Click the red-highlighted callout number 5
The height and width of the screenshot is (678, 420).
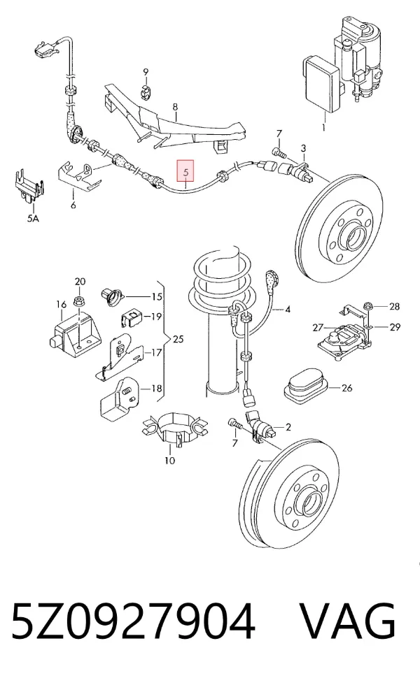185,171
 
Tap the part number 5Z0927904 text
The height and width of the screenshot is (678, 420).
133,621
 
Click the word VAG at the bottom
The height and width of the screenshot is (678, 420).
348,621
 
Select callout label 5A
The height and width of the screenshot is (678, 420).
33,218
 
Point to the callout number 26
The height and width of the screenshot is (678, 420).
346,388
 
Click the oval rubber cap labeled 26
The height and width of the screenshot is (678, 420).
306,386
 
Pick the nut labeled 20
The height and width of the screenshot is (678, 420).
80,300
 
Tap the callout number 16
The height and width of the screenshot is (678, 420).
61,305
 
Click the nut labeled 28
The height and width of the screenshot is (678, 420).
368,305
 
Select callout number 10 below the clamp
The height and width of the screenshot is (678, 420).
169,461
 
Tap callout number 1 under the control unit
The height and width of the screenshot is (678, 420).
323,127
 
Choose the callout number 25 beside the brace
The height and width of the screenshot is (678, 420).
178,338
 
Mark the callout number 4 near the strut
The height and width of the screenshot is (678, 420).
288,309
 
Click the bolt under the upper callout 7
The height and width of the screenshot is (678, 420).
279,152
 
